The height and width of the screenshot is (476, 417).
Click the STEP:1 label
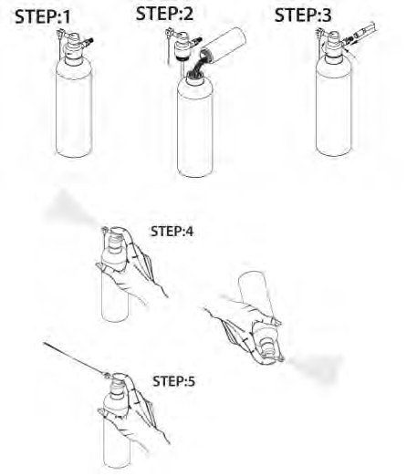pyautogui.click(x=43, y=17)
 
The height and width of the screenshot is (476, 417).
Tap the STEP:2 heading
pyautogui.click(x=164, y=14)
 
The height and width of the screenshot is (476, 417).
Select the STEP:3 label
pyautogui.click(x=303, y=16)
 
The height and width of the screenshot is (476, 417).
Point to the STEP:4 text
pyautogui.click(x=172, y=232)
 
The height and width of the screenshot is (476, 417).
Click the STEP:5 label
pyautogui.click(x=173, y=381)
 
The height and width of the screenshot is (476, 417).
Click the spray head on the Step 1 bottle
pyautogui.click(x=75, y=46)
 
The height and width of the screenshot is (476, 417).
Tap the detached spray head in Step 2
pyautogui.click(x=182, y=45)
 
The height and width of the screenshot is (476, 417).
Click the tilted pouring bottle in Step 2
pyautogui.click(x=224, y=46)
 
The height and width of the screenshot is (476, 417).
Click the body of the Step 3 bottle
pyautogui.click(x=334, y=107)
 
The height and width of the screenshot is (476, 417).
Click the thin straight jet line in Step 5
pyautogui.click(x=74, y=358)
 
